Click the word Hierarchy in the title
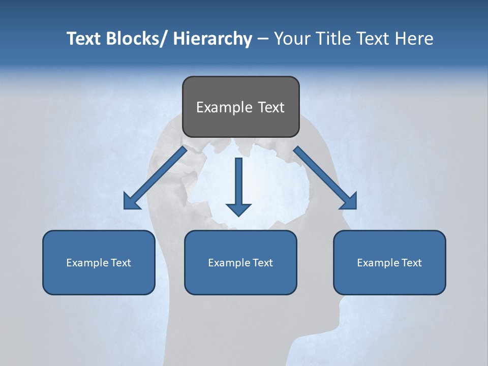[x=212, y=39]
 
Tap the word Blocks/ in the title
[x=133, y=39]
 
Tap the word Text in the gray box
[x=271, y=107]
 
